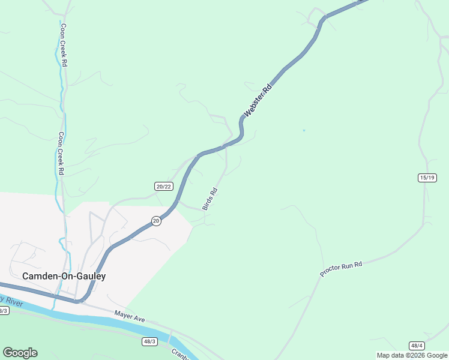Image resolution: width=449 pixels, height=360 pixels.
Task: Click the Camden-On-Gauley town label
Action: pyautogui.click(x=64, y=276)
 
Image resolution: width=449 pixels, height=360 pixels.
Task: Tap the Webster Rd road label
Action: pyautogui.click(x=258, y=100)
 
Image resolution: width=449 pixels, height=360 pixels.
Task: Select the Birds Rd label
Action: pyautogui.click(x=209, y=199)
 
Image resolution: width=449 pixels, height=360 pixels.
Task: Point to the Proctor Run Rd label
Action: pyautogui.click(x=342, y=268)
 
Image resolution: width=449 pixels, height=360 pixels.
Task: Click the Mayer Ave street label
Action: pyautogui.click(x=130, y=316)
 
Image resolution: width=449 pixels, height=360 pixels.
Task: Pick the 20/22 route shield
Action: pyautogui.click(x=163, y=186)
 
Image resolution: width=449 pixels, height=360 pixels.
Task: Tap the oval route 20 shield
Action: pyautogui.click(x=156, y=221)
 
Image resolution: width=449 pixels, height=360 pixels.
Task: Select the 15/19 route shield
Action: pyautogui.click(x=427, y=178)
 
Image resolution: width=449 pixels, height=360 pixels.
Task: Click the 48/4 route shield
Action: pyautogui.click(x=417, y=346)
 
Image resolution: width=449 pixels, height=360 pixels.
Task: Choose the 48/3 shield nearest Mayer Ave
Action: pyautogui.click(x=149, y=341)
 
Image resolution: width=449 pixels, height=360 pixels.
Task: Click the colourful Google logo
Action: pyautogui.click(x=20, y=353)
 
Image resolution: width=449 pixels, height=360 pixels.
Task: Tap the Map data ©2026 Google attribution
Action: pyautogui.click(x=412, y=355)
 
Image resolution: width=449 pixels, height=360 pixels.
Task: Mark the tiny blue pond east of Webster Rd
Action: pyautogui.click(x=304, y=130)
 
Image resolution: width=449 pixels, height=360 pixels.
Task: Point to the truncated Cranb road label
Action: pyautogui.click(x=180, y=354)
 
